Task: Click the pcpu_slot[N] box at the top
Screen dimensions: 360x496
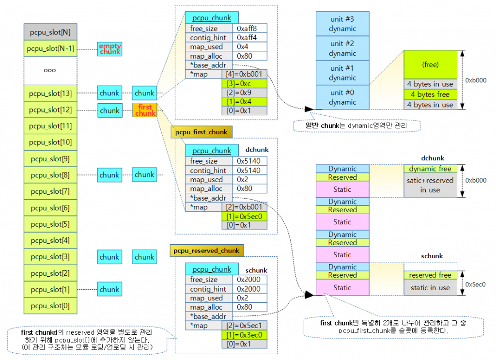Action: click(50, 32)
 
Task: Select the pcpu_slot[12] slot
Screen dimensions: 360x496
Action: click(50, 110)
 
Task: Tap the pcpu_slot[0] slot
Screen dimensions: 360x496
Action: click(50, 306)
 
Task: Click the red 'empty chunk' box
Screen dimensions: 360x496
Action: click(110, 48)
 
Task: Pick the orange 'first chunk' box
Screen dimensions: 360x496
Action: click(145, 110)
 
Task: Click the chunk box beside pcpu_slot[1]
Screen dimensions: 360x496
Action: click(109, 289)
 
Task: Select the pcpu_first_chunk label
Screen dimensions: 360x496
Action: click(201, 132)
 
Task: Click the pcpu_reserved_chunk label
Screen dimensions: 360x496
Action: click(207, 250)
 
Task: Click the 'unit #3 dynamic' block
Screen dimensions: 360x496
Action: click(342, 24)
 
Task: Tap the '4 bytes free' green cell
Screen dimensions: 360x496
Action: click(430, 94)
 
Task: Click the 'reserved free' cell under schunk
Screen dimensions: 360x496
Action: click(430, 275)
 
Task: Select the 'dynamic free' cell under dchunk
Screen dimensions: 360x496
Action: click(430, 169)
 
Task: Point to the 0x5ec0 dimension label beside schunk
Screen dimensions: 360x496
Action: click(475, 284)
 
